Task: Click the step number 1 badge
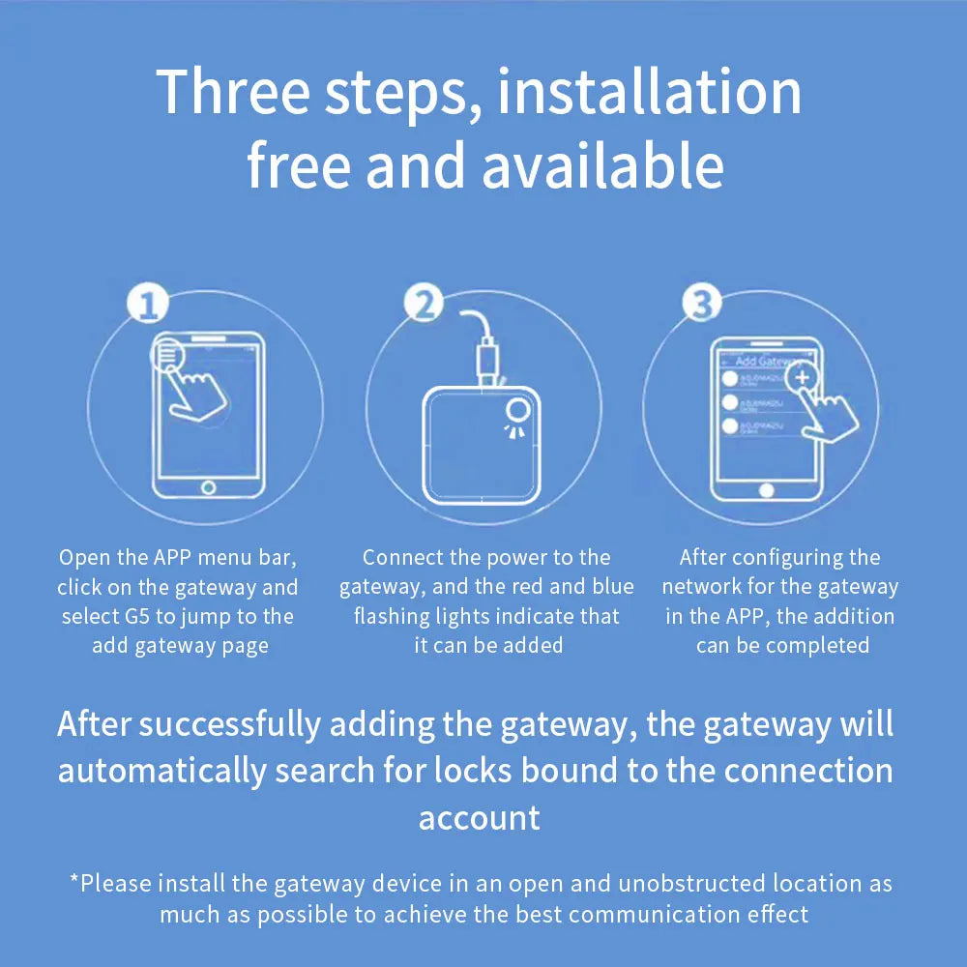click(147, 306)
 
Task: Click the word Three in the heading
click(232, 92)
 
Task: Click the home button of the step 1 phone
click(208, 487)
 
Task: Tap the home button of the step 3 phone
click(767, 490)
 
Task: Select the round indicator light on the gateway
click(518, 410)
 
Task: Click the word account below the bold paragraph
click(479, 818)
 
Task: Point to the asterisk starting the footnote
click(73, 881)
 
